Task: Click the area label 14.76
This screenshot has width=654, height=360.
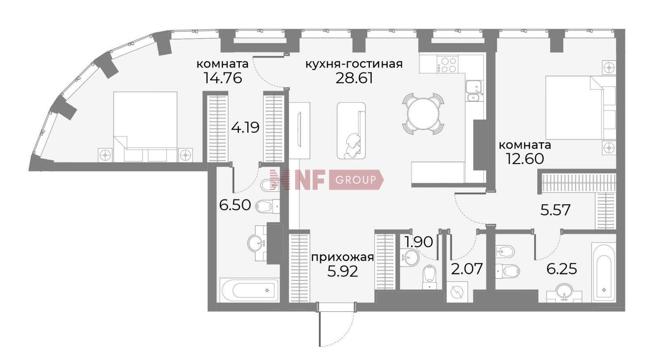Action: pyautogui.click(x=222, y=78)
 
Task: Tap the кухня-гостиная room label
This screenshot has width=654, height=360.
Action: pyautogui.click(x=353, y=64)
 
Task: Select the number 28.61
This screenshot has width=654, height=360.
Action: pyautogui.click(x=354, y=78)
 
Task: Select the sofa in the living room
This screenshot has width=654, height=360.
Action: pyautogui.click(x=351, y=131)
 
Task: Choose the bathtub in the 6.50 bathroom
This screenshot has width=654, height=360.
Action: pyautogui.click(x=249, y=291)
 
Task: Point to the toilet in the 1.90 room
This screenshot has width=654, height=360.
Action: pyautogui.click(x=429, y=277)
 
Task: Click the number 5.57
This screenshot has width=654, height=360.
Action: pyautogui.click(x=556, y=210)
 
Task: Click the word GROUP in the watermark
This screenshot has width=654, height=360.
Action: pyautogui.click(x=355, y=180)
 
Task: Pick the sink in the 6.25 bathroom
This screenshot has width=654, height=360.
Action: pyautogui.click(x=564, y=294)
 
